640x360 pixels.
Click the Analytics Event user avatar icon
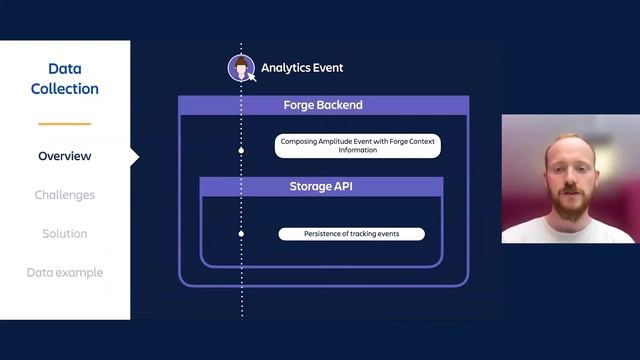[241, 68]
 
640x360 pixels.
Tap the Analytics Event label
[302, 68]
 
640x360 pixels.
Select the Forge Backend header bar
[323, 105]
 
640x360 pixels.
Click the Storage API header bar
[321, 186]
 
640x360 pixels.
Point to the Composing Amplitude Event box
[357, 146]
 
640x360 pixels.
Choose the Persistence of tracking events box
[351, 234]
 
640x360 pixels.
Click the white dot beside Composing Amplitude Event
[241, 150]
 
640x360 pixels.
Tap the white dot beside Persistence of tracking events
[241, 234]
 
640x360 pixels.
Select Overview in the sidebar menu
[64, 156]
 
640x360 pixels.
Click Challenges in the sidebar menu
[64, 195]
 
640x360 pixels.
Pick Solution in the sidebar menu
[64, 234]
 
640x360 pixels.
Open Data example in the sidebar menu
[64, 273]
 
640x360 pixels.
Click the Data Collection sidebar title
[64, 79]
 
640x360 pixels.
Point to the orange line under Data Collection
[64, 124]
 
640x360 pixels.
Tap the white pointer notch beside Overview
[134, 156]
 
